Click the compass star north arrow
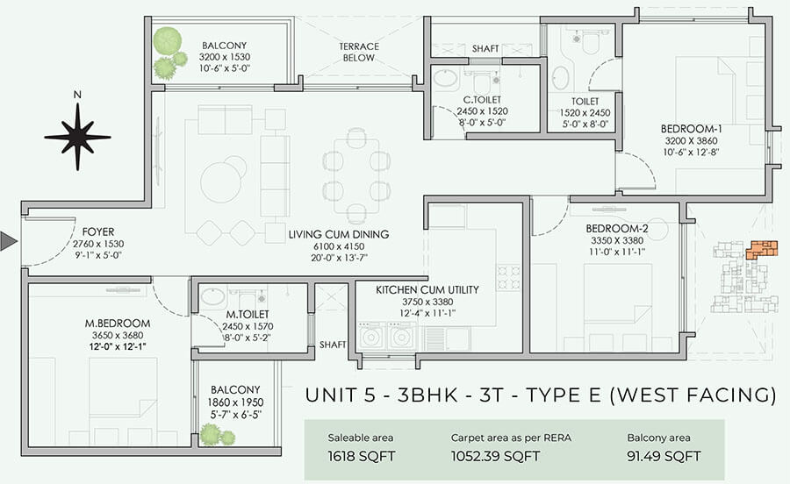tap(77, 137)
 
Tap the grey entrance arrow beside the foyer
tap(9, 241)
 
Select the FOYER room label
tap(98, 232)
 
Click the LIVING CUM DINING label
tap(339, 234)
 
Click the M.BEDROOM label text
tap(118, 324)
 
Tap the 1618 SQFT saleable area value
tap(362, 456)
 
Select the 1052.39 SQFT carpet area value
tap(495, 456)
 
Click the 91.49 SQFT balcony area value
tap(664, 456)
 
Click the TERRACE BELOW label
tap(359, 53)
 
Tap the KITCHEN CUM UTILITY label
tap(427, 290)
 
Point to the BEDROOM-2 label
tap(617, 229)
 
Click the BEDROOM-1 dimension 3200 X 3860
tap(692, 141)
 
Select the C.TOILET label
tap(482, 100)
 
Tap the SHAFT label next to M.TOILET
tap(333, 345)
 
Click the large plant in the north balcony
tap(168, 42)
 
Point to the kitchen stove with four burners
tap(508, 278)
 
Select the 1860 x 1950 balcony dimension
tap(235, 402)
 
